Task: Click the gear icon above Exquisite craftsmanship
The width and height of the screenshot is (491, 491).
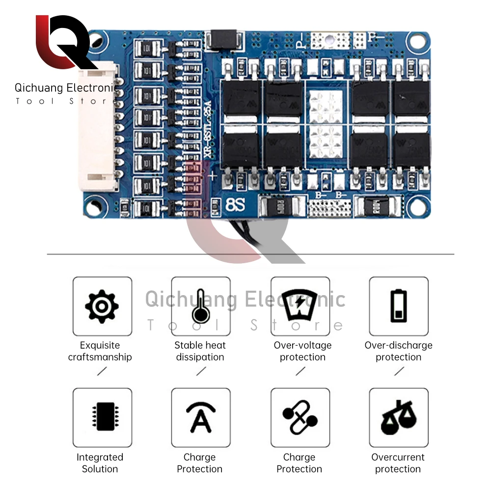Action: coord(102,306)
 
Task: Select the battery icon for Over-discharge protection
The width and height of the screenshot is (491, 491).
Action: coord(398,306)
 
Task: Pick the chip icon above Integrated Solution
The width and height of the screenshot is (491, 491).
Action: coord(102,417)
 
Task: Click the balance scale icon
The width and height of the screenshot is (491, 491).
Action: coord(398,417)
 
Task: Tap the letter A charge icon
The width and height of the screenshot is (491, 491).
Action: coord(200,417)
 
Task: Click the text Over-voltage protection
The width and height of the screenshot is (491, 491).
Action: coord(302,351)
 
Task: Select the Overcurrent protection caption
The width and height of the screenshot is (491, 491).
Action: coord(398,463)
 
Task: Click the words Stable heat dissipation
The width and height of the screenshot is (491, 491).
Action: coord(200,351)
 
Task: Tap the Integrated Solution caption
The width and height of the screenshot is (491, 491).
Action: coord(100,463)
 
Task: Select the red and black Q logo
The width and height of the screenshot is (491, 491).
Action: coord(64,43)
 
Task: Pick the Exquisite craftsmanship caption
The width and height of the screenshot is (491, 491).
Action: coord(100,351)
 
